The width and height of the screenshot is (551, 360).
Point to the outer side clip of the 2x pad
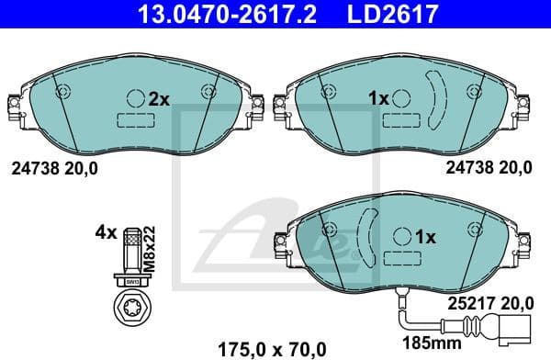(13, 107)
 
